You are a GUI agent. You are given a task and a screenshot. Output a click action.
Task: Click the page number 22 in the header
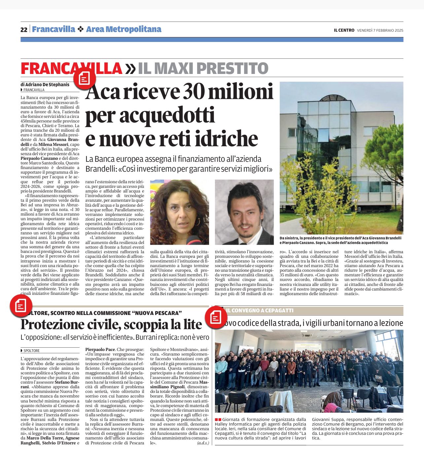[x=24, y=30]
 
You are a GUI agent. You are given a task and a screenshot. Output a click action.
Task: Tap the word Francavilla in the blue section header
[x=53, y=29]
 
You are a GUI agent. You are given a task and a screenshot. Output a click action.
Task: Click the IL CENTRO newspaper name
[x=344, y=30]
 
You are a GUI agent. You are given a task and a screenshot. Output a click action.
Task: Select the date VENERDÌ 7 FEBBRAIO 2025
[x=380, y=30]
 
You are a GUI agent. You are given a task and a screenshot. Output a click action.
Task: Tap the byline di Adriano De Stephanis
[x=45, y=85]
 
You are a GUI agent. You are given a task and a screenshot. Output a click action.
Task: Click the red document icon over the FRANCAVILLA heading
[x=85, y=79]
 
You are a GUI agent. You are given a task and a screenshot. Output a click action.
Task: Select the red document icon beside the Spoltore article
[x=21, y=305]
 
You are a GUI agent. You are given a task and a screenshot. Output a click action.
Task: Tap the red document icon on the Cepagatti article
[x=216, y=317]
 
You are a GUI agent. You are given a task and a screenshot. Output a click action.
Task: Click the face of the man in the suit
[x=244, y=211]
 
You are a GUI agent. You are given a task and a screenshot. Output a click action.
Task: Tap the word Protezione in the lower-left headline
[x=53, y=325]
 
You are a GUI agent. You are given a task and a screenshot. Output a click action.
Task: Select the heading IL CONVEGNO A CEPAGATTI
[x=260, y=311]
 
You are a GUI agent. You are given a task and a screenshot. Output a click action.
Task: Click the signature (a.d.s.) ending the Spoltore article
[x=203, y=443]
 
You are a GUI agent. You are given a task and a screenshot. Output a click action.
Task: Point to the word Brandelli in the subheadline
[x=101, y=169]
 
